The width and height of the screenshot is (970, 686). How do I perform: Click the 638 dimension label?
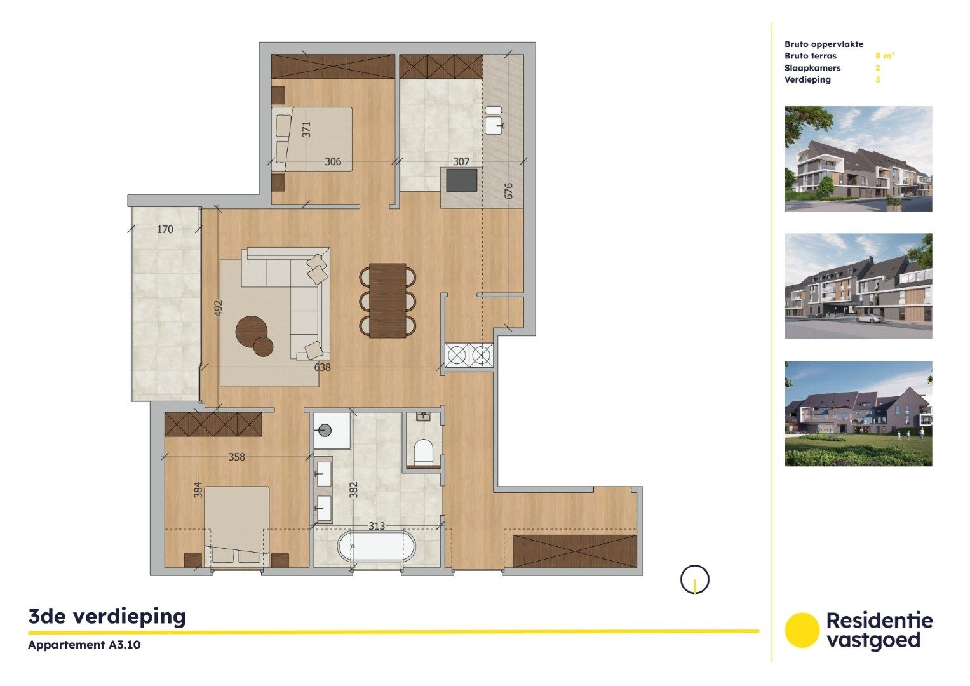click(x=323, y=367)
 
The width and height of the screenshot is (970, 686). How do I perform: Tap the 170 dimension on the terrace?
click(x=165, y=229)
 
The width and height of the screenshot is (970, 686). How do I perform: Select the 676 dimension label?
click(x=508, y=191)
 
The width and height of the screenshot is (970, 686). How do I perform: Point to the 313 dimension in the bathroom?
click(x=377, y=526)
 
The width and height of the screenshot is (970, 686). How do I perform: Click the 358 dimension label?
click(x=236, y=457)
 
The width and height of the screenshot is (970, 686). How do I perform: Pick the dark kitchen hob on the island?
click(x=462, y=180)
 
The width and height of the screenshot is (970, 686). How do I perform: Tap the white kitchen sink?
click(x=494, y=120)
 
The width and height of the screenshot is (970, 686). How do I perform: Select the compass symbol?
click(x=695, y=579)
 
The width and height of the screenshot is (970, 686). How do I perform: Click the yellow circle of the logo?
click(x=802, y=630)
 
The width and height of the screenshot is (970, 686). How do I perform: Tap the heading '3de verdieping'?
click(x=107, y=616)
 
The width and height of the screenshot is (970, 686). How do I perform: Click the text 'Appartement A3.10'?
click(x=84, y=645)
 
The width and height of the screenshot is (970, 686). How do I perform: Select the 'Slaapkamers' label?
click(x=812, y=68)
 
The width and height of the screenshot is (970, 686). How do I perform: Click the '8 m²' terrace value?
click(x=884, y=56)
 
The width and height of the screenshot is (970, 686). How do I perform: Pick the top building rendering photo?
click(x=858, y=159)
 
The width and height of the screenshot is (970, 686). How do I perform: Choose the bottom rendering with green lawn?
click(x=858, y=414)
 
